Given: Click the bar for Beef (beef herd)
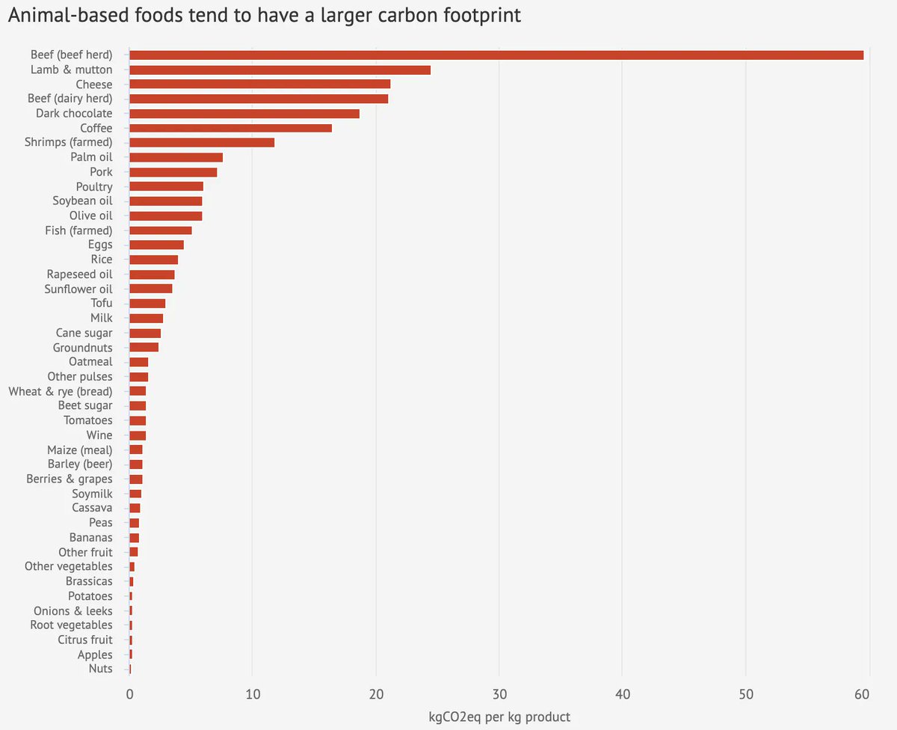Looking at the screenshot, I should point(496,55).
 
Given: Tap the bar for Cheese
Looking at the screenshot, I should point(259,84).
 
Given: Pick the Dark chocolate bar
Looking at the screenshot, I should point(244,114).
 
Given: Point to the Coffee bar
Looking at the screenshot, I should point(230,128).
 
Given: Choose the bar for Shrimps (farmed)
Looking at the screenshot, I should point(202,142).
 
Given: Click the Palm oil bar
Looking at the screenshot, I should point(176,157).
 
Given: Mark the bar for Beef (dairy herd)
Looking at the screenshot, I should point(259,99).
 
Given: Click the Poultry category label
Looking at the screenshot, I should point(94,186).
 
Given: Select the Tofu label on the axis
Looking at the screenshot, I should point(102,303).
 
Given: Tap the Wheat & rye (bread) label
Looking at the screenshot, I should point(61,391).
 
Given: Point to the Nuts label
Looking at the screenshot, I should point(100,669).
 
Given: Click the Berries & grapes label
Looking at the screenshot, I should point(70,479).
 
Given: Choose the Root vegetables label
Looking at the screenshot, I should point(72,625).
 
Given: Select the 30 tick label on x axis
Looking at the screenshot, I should point(499,694).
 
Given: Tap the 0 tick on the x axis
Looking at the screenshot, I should point(129,694).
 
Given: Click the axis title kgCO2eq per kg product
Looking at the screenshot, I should point(499,717).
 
